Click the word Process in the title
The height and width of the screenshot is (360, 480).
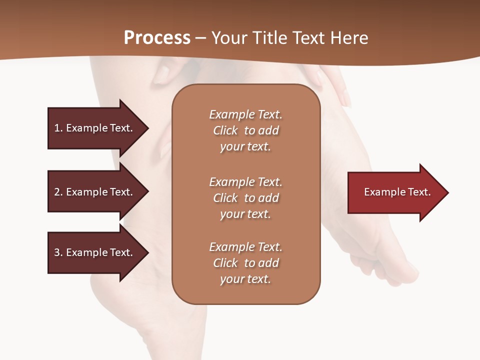coord(157,38)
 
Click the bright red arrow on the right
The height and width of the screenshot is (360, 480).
coord(395,192)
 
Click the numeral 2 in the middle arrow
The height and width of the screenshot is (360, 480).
coord(57,192)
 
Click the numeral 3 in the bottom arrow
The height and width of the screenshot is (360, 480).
coord(57,252)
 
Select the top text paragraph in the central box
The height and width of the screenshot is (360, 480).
coord(245,130)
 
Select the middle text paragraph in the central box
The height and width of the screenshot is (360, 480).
coord(245,198)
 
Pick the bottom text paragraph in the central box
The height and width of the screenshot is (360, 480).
coord(245,263)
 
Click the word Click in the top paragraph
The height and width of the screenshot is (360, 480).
coord(225,130)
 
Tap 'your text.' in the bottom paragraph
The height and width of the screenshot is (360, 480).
coord(245,279)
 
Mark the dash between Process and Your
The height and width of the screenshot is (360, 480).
coord(200,38)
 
